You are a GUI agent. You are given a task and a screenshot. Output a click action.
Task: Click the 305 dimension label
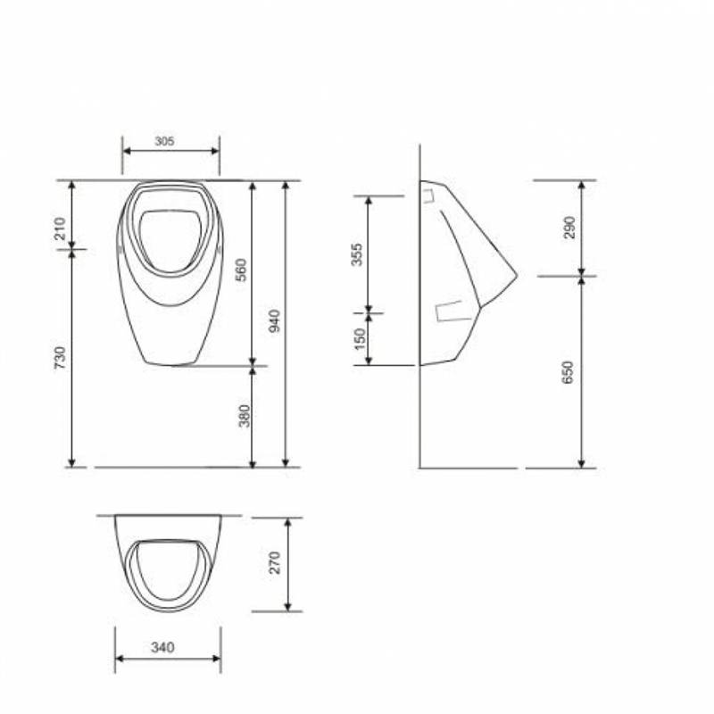164,141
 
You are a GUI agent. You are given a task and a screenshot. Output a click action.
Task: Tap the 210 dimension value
60,228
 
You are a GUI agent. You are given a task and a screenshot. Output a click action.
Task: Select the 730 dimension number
60,358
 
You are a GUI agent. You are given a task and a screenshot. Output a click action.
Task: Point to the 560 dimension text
241,270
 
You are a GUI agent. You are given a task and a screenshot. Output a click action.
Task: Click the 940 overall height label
274,320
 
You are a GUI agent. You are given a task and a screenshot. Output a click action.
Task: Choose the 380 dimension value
245,416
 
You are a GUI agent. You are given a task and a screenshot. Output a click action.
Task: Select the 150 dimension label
360,338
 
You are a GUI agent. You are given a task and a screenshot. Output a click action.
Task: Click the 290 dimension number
569,228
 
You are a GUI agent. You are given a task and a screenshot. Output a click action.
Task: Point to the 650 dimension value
568,372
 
